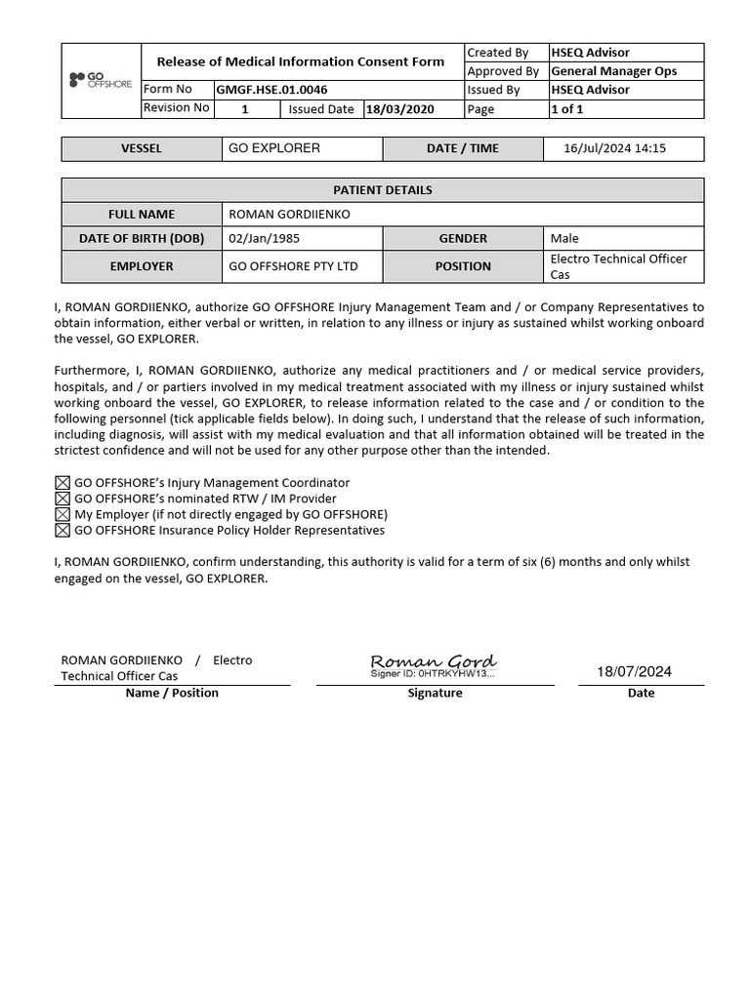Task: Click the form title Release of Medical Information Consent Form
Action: click(x=301, y=61)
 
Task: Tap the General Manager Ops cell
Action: click(x=613, y=71)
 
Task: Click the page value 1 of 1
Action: click(x=567, y=109)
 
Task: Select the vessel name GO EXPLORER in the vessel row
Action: click(x=273, y=148)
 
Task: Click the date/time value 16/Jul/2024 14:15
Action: click(x=614, y=148)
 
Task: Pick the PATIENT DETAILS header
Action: click(x=383, y=190)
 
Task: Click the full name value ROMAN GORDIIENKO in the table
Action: click(x=289, y=215)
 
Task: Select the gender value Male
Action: click(x=564, y=238)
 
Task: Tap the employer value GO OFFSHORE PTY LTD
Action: click(x=293, y=266)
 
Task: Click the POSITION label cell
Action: click(x=463, y=266)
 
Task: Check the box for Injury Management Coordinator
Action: click(x=62, y=483)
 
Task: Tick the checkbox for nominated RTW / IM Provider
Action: click(x=62, y=499)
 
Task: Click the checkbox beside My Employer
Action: click(x=62, y=514)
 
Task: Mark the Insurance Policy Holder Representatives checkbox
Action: click(x=62, y=531)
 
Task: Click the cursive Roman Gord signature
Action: click(x=434, y=662)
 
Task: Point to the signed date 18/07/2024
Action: click(x=635, y=671)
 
